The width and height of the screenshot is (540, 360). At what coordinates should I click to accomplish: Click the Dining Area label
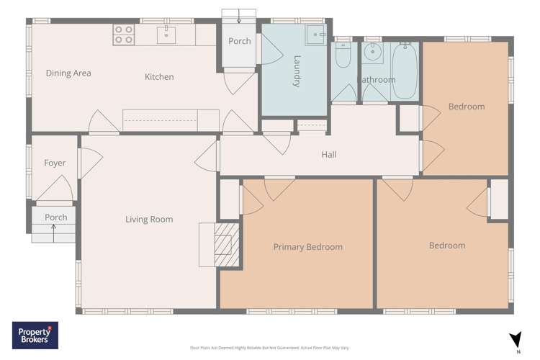click(x=68, y=73)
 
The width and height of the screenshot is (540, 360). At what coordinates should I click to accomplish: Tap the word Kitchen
click(x=159, y=77)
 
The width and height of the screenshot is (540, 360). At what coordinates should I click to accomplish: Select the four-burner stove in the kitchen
click(x=124, y=35)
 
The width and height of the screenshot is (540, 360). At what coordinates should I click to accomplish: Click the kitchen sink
click(x=167, y=33)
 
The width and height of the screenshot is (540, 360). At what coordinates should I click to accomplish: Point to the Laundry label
click(x=297, y=72)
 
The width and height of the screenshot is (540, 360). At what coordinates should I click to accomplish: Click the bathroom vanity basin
click(x=372, y=53)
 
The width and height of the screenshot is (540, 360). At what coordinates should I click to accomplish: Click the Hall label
click(x=328, y=154)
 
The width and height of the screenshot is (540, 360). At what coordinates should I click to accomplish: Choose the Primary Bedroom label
click(x=307, y=247)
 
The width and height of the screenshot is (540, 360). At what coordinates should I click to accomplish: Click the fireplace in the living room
click(x=225, y=245)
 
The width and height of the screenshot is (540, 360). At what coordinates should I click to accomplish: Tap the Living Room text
click(x=149, y=220)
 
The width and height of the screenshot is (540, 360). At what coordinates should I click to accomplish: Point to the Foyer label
click(x=55, y=163)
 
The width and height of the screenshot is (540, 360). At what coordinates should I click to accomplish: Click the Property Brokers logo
click(x=35, y=336)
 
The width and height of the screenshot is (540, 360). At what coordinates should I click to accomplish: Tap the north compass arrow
click(x=514, y=339)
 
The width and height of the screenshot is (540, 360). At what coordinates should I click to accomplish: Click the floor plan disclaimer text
click(x=269, y=348)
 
